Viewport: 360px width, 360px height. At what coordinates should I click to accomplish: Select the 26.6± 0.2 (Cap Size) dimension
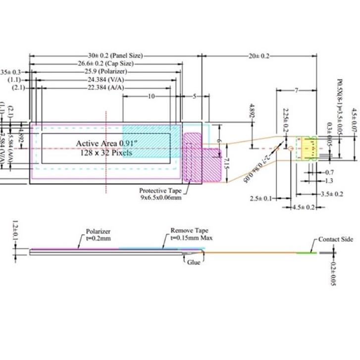(x=105, y=64)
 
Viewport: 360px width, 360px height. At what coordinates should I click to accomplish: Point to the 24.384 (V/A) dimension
(x=105, y=80)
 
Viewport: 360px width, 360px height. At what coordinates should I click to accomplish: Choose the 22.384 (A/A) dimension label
(x=105, y=88)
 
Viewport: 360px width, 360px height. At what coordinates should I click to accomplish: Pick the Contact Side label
(x=335, y=240)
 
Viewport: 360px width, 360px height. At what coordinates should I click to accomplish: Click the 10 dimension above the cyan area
(x=151, y=97)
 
